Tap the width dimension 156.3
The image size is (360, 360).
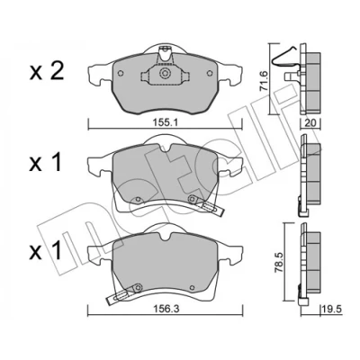166,310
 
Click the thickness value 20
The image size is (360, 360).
310,123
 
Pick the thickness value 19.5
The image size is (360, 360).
332,310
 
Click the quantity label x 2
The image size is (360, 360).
47,72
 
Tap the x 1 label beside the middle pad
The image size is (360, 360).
46,163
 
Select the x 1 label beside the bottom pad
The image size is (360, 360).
46,251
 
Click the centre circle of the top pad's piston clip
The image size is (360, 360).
165,73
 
